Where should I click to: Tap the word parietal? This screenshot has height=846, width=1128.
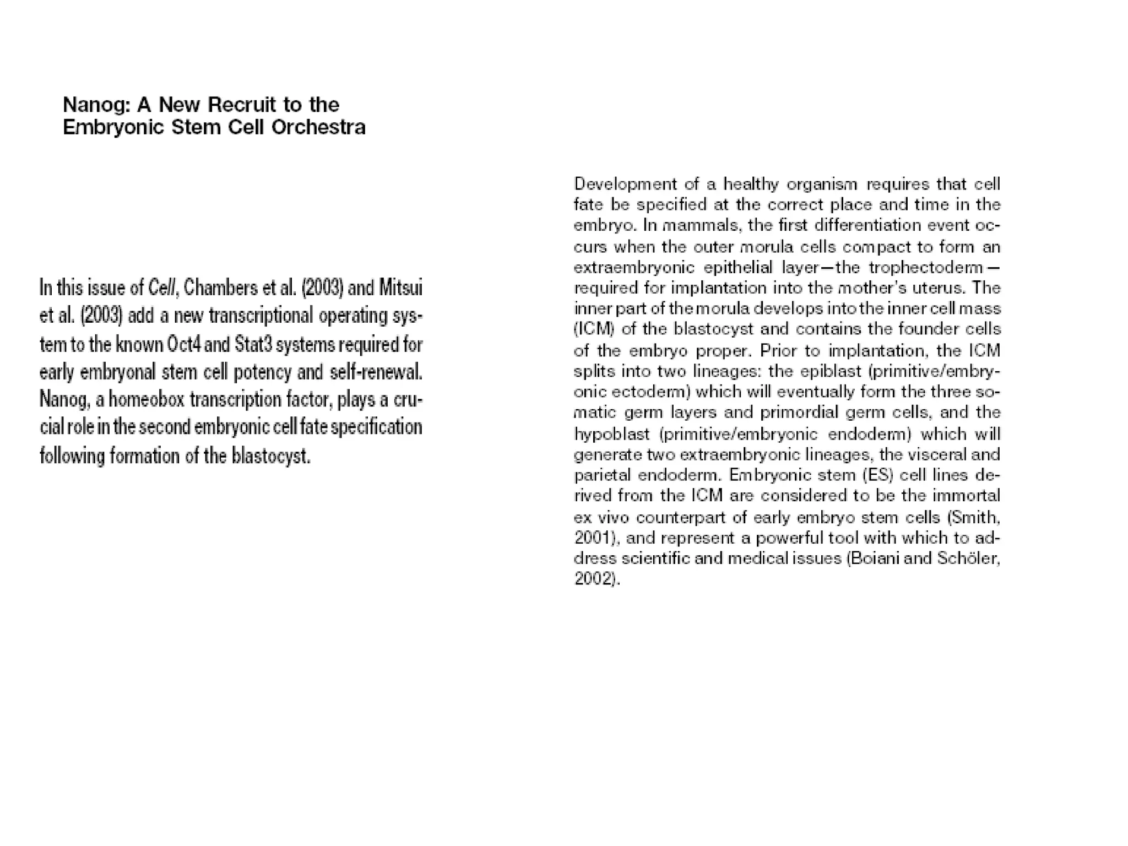(x=600, y=475)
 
